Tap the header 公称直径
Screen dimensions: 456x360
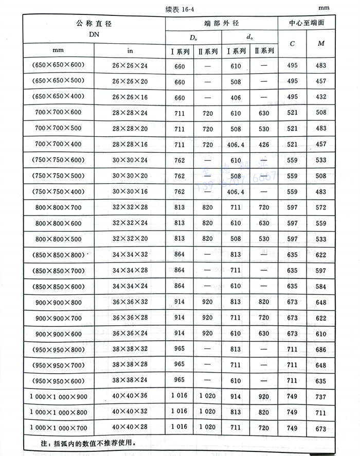click(94, 24)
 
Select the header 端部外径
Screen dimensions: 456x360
click(221, 24)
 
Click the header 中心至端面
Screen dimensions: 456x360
click(307, 24)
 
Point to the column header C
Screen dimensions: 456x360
click(293, 43)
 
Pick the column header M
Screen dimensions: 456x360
click(321, 43)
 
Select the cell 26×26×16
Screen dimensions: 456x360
click(130, 97)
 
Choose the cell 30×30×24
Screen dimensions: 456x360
click(130, 160)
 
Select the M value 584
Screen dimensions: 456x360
click(321, 286)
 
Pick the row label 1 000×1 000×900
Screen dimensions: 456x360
click(58, 397)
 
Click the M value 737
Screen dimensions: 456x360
click(321, 397)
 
